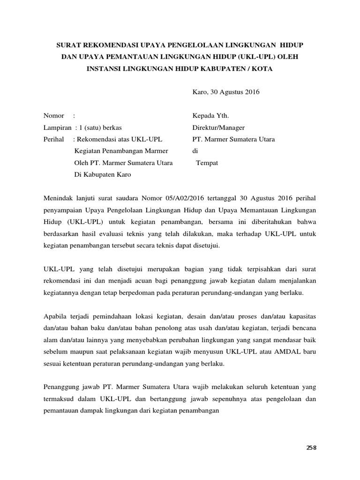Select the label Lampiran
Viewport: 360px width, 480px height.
[58, 127]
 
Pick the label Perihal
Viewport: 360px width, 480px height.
[55, 139]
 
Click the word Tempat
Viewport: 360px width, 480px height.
[207, 163]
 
